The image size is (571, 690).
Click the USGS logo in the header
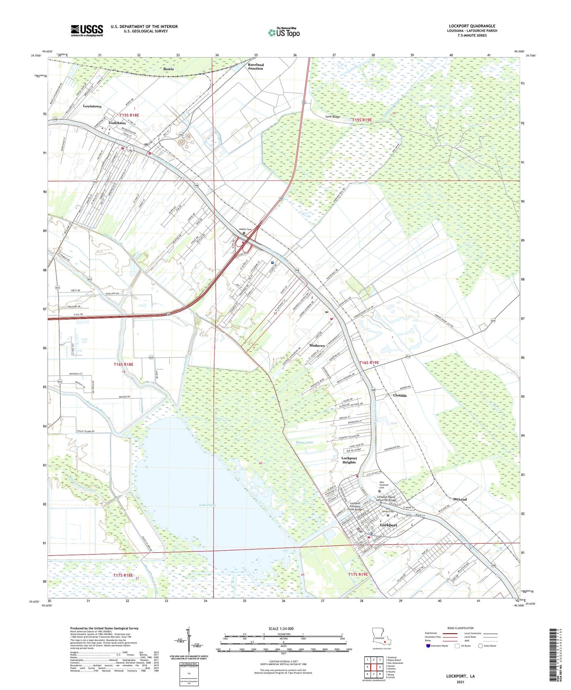(87, 30)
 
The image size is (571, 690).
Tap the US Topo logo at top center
(284, 32)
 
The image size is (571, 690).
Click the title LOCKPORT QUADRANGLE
(472, 26)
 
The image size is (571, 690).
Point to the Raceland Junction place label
(256, 66)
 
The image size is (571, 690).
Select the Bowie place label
(169, 69)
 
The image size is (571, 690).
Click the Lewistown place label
(92, 106)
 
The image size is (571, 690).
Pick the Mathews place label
(317, 345)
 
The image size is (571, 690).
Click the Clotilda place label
(400, 395)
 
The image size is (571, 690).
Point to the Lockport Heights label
(349, 460)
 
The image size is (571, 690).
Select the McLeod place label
(460, 500)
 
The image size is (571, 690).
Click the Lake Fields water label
(207, 505)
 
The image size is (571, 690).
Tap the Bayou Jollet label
(305, 442)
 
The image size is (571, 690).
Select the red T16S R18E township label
(124, 364)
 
